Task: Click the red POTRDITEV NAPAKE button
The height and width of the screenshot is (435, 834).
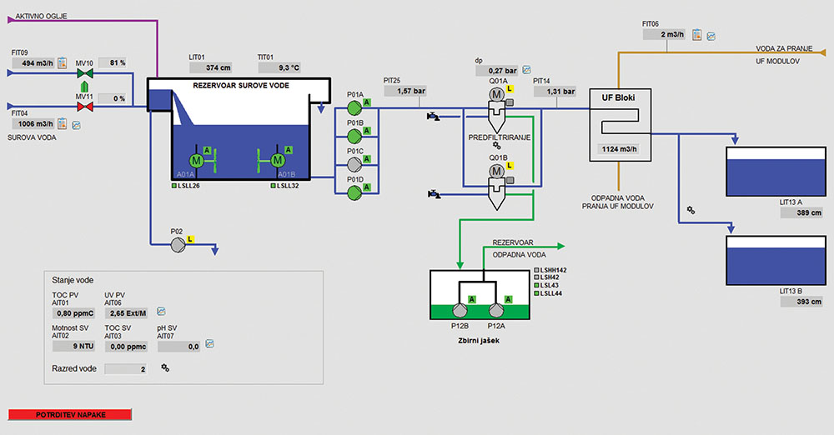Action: [x=70, y=414]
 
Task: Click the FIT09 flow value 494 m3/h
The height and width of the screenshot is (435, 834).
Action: [x=36, y=63]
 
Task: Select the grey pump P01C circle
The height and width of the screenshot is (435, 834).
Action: [x=354, y=164]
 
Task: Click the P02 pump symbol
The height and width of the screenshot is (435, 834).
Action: [x=177, y=245]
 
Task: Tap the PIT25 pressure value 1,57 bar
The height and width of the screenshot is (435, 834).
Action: [x=409, y=91]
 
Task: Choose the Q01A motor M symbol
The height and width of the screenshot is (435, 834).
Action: [x=496, y=96]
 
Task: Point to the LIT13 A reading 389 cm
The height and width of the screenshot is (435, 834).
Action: [x=802, y=213]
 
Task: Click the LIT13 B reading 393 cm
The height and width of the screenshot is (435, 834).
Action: [x=802, y=302]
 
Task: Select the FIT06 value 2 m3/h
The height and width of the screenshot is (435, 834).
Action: [x=666, y=35]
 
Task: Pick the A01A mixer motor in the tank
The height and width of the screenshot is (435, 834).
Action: [x=197, y=159]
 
